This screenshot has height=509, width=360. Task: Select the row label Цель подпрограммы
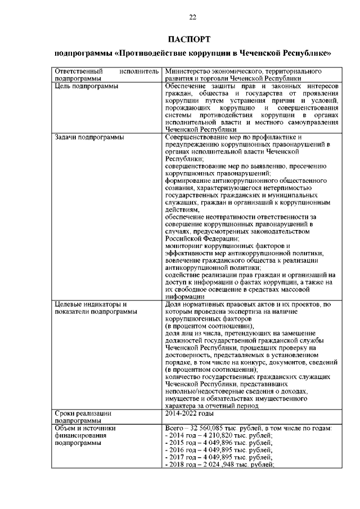pos(86,87)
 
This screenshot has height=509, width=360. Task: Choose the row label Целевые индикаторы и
pos(87,304)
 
